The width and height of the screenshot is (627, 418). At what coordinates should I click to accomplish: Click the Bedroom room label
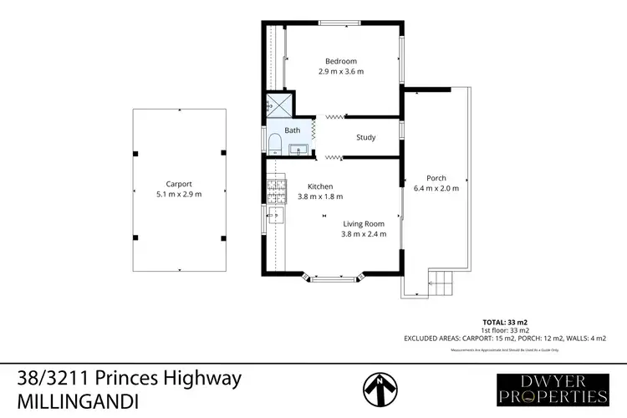point(341,61)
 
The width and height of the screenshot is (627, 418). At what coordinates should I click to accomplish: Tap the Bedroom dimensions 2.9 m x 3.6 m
point(341,72)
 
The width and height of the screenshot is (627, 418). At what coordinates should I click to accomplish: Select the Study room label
point(365,137)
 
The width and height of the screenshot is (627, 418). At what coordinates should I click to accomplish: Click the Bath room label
point(292,130)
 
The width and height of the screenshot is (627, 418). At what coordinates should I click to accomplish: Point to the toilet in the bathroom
point(273,144)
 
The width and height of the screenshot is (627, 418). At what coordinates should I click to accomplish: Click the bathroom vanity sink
point(299,150)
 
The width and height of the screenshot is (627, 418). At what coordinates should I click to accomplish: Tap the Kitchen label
point(320,186)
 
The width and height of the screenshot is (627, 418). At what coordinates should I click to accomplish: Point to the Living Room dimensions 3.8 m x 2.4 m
point(364,234)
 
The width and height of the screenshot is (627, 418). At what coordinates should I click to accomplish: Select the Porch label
point(436,178)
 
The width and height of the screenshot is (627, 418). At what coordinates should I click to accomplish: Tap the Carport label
point(179,184)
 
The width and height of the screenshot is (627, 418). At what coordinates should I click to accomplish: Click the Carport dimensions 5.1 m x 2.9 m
point(179,194)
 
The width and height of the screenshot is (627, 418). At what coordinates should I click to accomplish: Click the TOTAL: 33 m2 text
point(506,321)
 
